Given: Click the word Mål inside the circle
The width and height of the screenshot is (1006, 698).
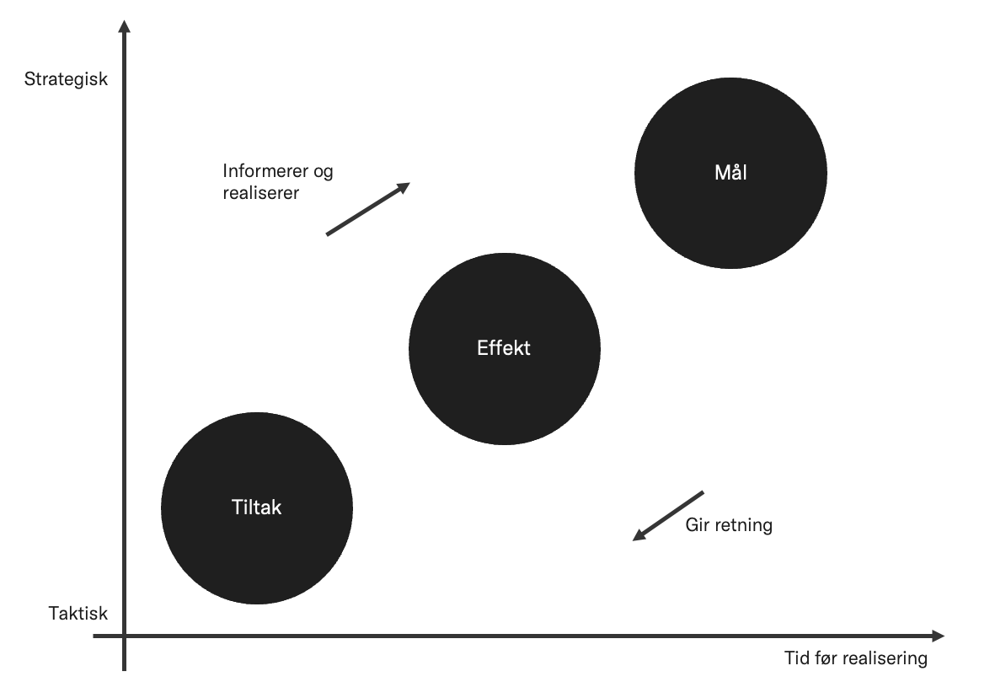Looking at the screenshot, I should [730, 174].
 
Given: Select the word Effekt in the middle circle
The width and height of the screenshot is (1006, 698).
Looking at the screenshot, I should [504, 347].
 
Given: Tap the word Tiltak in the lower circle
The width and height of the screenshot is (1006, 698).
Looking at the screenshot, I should [256, 507].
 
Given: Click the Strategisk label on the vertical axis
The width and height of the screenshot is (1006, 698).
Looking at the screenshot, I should [67, 80].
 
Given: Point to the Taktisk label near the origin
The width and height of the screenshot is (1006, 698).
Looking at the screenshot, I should [78, 614].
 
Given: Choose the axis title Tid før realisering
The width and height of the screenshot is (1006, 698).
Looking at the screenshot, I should [855, 658].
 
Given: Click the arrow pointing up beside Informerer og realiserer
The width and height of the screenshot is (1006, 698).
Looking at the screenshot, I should [367, 208].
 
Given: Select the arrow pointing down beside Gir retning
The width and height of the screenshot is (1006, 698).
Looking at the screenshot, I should [668, 515].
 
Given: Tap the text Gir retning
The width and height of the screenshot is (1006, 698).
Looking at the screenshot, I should [729, 525].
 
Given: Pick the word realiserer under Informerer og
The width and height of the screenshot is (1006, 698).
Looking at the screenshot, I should [261, 192].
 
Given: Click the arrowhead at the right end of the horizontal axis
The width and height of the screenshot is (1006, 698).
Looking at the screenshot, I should [938, 636].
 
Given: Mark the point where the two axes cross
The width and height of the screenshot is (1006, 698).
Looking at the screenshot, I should [125, 636].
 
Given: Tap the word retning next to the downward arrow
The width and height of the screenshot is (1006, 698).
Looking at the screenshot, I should [744, 525].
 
